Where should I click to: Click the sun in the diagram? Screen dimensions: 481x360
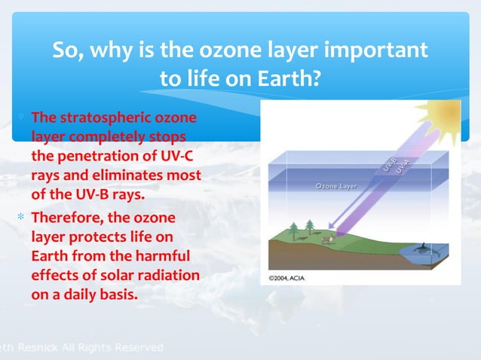[442, 116]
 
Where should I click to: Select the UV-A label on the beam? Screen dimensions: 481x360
[403, 166]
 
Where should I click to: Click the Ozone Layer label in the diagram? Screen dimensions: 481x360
[336, 186]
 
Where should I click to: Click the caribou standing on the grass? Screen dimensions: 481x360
[328, 239]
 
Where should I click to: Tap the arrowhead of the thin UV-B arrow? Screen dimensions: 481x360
[331, 225]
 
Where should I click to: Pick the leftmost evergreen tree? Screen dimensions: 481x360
[293, 230]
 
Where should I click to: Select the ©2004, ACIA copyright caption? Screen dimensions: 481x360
[286, 278]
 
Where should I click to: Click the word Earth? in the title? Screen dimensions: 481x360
[289, 78]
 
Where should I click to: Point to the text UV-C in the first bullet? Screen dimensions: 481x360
[176, 156]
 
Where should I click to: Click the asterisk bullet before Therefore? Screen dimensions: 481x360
[21, 217]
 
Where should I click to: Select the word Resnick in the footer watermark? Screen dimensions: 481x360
[38, 347]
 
